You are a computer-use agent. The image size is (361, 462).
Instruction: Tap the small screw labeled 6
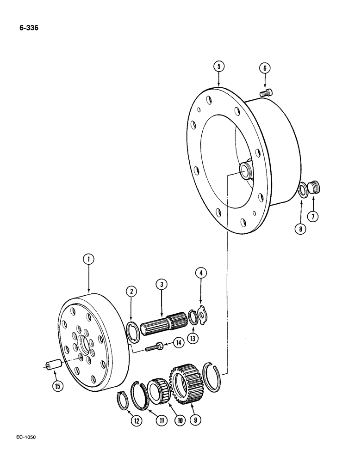[266, 94]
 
